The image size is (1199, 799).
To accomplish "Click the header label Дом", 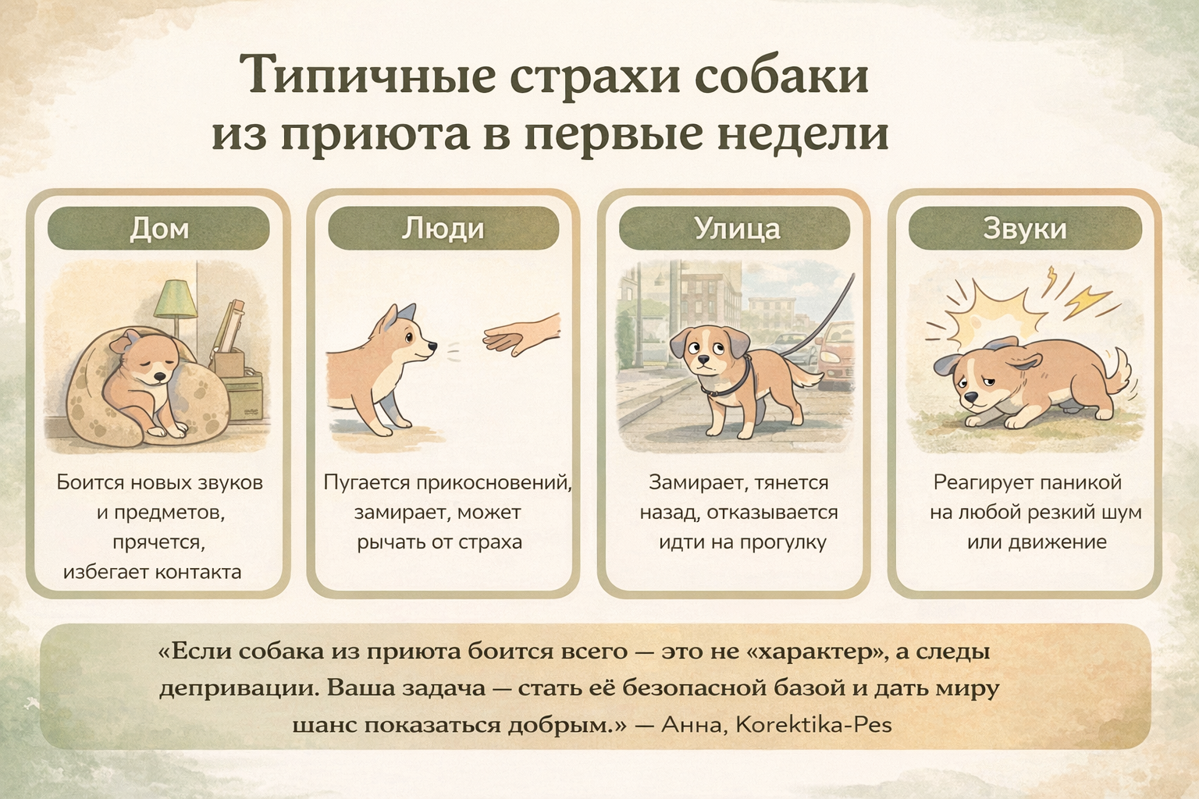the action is pos(159,229).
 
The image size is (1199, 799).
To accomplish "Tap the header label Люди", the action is pos(443,229).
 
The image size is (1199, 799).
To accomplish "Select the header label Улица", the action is pos(737,229).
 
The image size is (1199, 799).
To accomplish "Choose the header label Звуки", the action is pos(1025,229).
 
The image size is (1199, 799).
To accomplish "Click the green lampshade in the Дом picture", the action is pos(176,299).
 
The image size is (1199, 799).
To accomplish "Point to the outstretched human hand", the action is pos(521,336).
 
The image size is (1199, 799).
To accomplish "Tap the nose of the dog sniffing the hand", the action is pos(433,346).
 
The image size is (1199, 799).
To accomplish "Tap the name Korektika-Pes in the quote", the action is pos(813,725).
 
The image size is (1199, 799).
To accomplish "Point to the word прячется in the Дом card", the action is pos(159,542).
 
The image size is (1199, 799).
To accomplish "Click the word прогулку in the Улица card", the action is pos(784,542).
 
